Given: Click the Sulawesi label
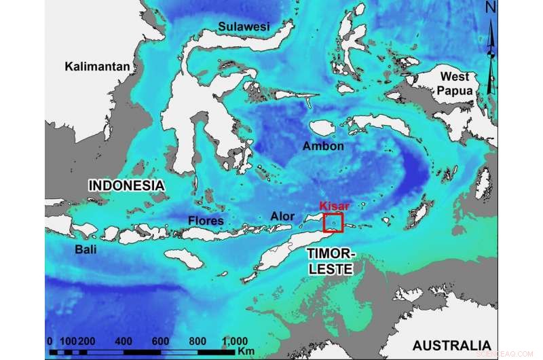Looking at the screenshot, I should pyautogui.click(x=244, y=26).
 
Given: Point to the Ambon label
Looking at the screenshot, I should pyautogui.click(x=324, y=147).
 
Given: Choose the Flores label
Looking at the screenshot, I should pyautogui.click(x=206, y=220).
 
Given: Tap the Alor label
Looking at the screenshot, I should pyautogui.click(x=282, y=217).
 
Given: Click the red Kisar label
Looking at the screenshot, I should pyautogui.click(x=333, y=205).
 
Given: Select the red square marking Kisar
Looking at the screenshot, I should pyautogui.click(x=333, y=223).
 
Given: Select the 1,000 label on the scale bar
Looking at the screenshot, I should pyautogui.click(x=234, y=341).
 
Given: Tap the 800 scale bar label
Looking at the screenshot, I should pyautogui.click(x=198, y=341).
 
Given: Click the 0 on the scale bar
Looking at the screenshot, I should pyautogui.click(x=50, y=341).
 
